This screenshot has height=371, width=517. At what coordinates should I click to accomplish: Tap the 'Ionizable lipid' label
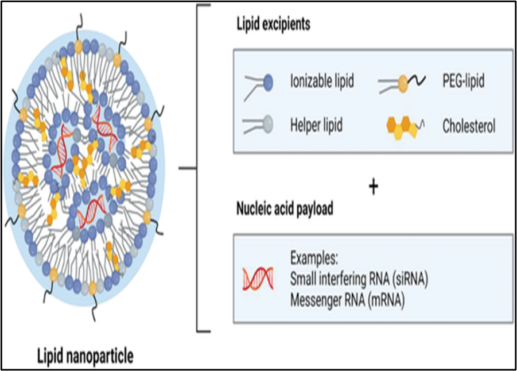pos(321,82)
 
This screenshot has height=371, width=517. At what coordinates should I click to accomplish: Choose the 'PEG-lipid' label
pos(463,82)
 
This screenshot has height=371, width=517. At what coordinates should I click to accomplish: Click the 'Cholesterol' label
pos(469,126)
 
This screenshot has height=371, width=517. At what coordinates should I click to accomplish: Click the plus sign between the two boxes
pos(374,187)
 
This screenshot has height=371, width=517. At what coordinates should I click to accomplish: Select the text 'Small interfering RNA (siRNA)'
pos(360,278)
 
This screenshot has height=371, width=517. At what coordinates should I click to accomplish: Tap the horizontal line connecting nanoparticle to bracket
pos(187,168)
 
